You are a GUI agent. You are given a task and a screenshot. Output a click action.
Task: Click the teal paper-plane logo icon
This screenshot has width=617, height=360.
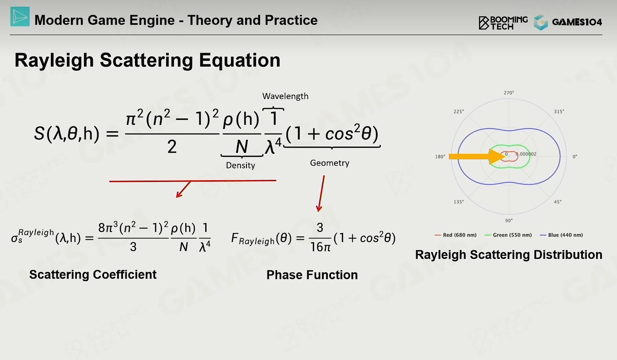coord(20,17)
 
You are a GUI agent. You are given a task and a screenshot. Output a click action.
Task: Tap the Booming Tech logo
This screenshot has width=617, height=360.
coord(503,23)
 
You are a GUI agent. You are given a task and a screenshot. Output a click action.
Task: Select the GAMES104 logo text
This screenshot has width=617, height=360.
coord(577,22)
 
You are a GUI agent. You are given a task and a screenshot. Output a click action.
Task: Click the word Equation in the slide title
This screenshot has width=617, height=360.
coord(239,60)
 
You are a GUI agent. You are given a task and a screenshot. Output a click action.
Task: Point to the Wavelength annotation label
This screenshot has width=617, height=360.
coord(286,96)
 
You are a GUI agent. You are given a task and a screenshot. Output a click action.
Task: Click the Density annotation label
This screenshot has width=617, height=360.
coord(241,165)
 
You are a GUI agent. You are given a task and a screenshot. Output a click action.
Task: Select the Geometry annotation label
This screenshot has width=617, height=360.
coord(330,163)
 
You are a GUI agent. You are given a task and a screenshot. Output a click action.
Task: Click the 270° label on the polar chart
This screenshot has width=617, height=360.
coord(509,93)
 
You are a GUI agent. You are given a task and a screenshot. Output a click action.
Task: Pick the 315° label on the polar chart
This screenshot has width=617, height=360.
coord(559,112)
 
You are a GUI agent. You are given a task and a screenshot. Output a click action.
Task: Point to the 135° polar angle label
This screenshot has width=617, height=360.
coord(459,202)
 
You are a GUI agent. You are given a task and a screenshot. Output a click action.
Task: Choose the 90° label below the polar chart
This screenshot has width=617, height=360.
coord(509,221)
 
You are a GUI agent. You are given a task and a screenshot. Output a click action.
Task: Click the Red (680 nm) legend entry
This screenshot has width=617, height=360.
coord(455,235)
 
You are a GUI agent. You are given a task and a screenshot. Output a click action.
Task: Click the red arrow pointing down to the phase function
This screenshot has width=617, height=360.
coord(321,194)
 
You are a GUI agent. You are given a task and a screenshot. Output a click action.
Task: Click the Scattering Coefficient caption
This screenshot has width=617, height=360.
coord(93,275)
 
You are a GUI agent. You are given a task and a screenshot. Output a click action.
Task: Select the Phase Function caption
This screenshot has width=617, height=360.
coord(312,275)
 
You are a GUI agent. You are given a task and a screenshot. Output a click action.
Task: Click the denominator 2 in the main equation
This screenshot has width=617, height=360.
coord(172,147)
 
